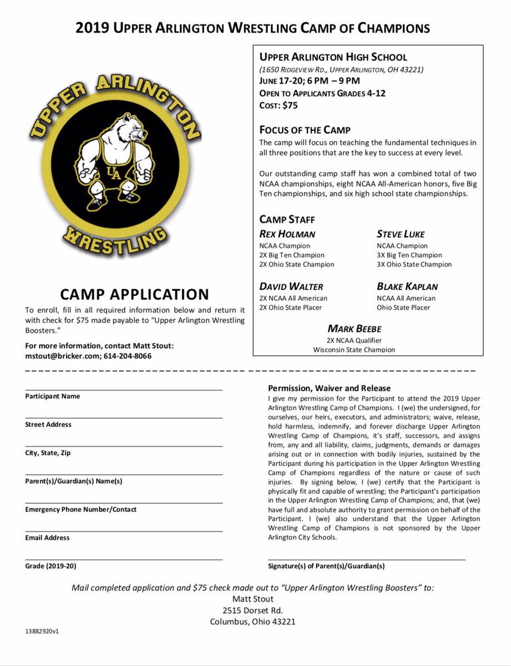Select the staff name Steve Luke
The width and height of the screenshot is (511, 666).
pos(400,234)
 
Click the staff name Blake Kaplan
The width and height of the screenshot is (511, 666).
pos(407,286)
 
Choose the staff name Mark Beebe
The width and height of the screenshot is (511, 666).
pos(354,329)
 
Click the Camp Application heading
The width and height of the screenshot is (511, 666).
pos(134,294)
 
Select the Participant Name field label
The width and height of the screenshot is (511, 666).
pos(52,396)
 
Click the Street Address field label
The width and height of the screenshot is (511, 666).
pos(48,425)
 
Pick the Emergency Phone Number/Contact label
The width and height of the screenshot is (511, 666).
pos(81,509)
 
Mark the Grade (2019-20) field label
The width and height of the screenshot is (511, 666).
pos(51,566)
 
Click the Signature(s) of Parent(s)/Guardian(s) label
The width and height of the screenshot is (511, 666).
pos(326,566)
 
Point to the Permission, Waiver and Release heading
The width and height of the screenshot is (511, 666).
pos(329,388)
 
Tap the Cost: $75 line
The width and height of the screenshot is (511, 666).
pos(282,105)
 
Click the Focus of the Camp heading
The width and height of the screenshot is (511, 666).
pos(305,130)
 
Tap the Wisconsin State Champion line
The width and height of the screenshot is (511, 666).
pos(354,350)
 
